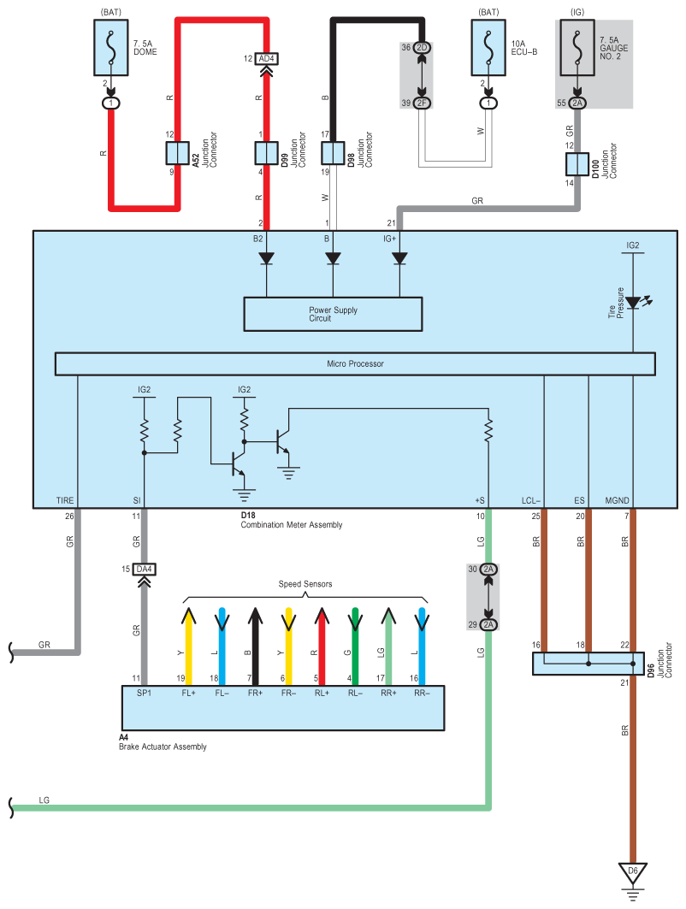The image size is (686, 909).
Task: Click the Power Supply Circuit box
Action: pyautogui.click(x=333, y=314)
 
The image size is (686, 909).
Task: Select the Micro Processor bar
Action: pyautogui.click(x=355, y=363)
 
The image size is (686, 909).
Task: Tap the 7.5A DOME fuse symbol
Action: pyautogui.click(x=111, y=49)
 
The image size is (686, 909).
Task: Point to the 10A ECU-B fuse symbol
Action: pyautogui.click(x=488, y=49)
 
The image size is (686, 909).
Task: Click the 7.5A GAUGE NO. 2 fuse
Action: pyautogui.click(x=577, y=49)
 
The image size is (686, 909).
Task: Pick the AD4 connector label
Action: pyautogui.click(x=266, y=59)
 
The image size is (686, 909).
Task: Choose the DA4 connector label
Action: pyautogui.click(x=144, y=569)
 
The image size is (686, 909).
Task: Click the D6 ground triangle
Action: pyautogui.click(x=633, y=872)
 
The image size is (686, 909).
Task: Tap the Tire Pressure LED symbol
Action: pyautogui.click(x=633, y=302)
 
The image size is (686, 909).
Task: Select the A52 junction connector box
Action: pyautogui.click(x=177, y=153)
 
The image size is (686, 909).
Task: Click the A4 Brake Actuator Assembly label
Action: pyautogui.click(x=163, y=741)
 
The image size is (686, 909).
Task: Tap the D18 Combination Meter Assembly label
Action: pyautogui.click(x=291, y=520)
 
